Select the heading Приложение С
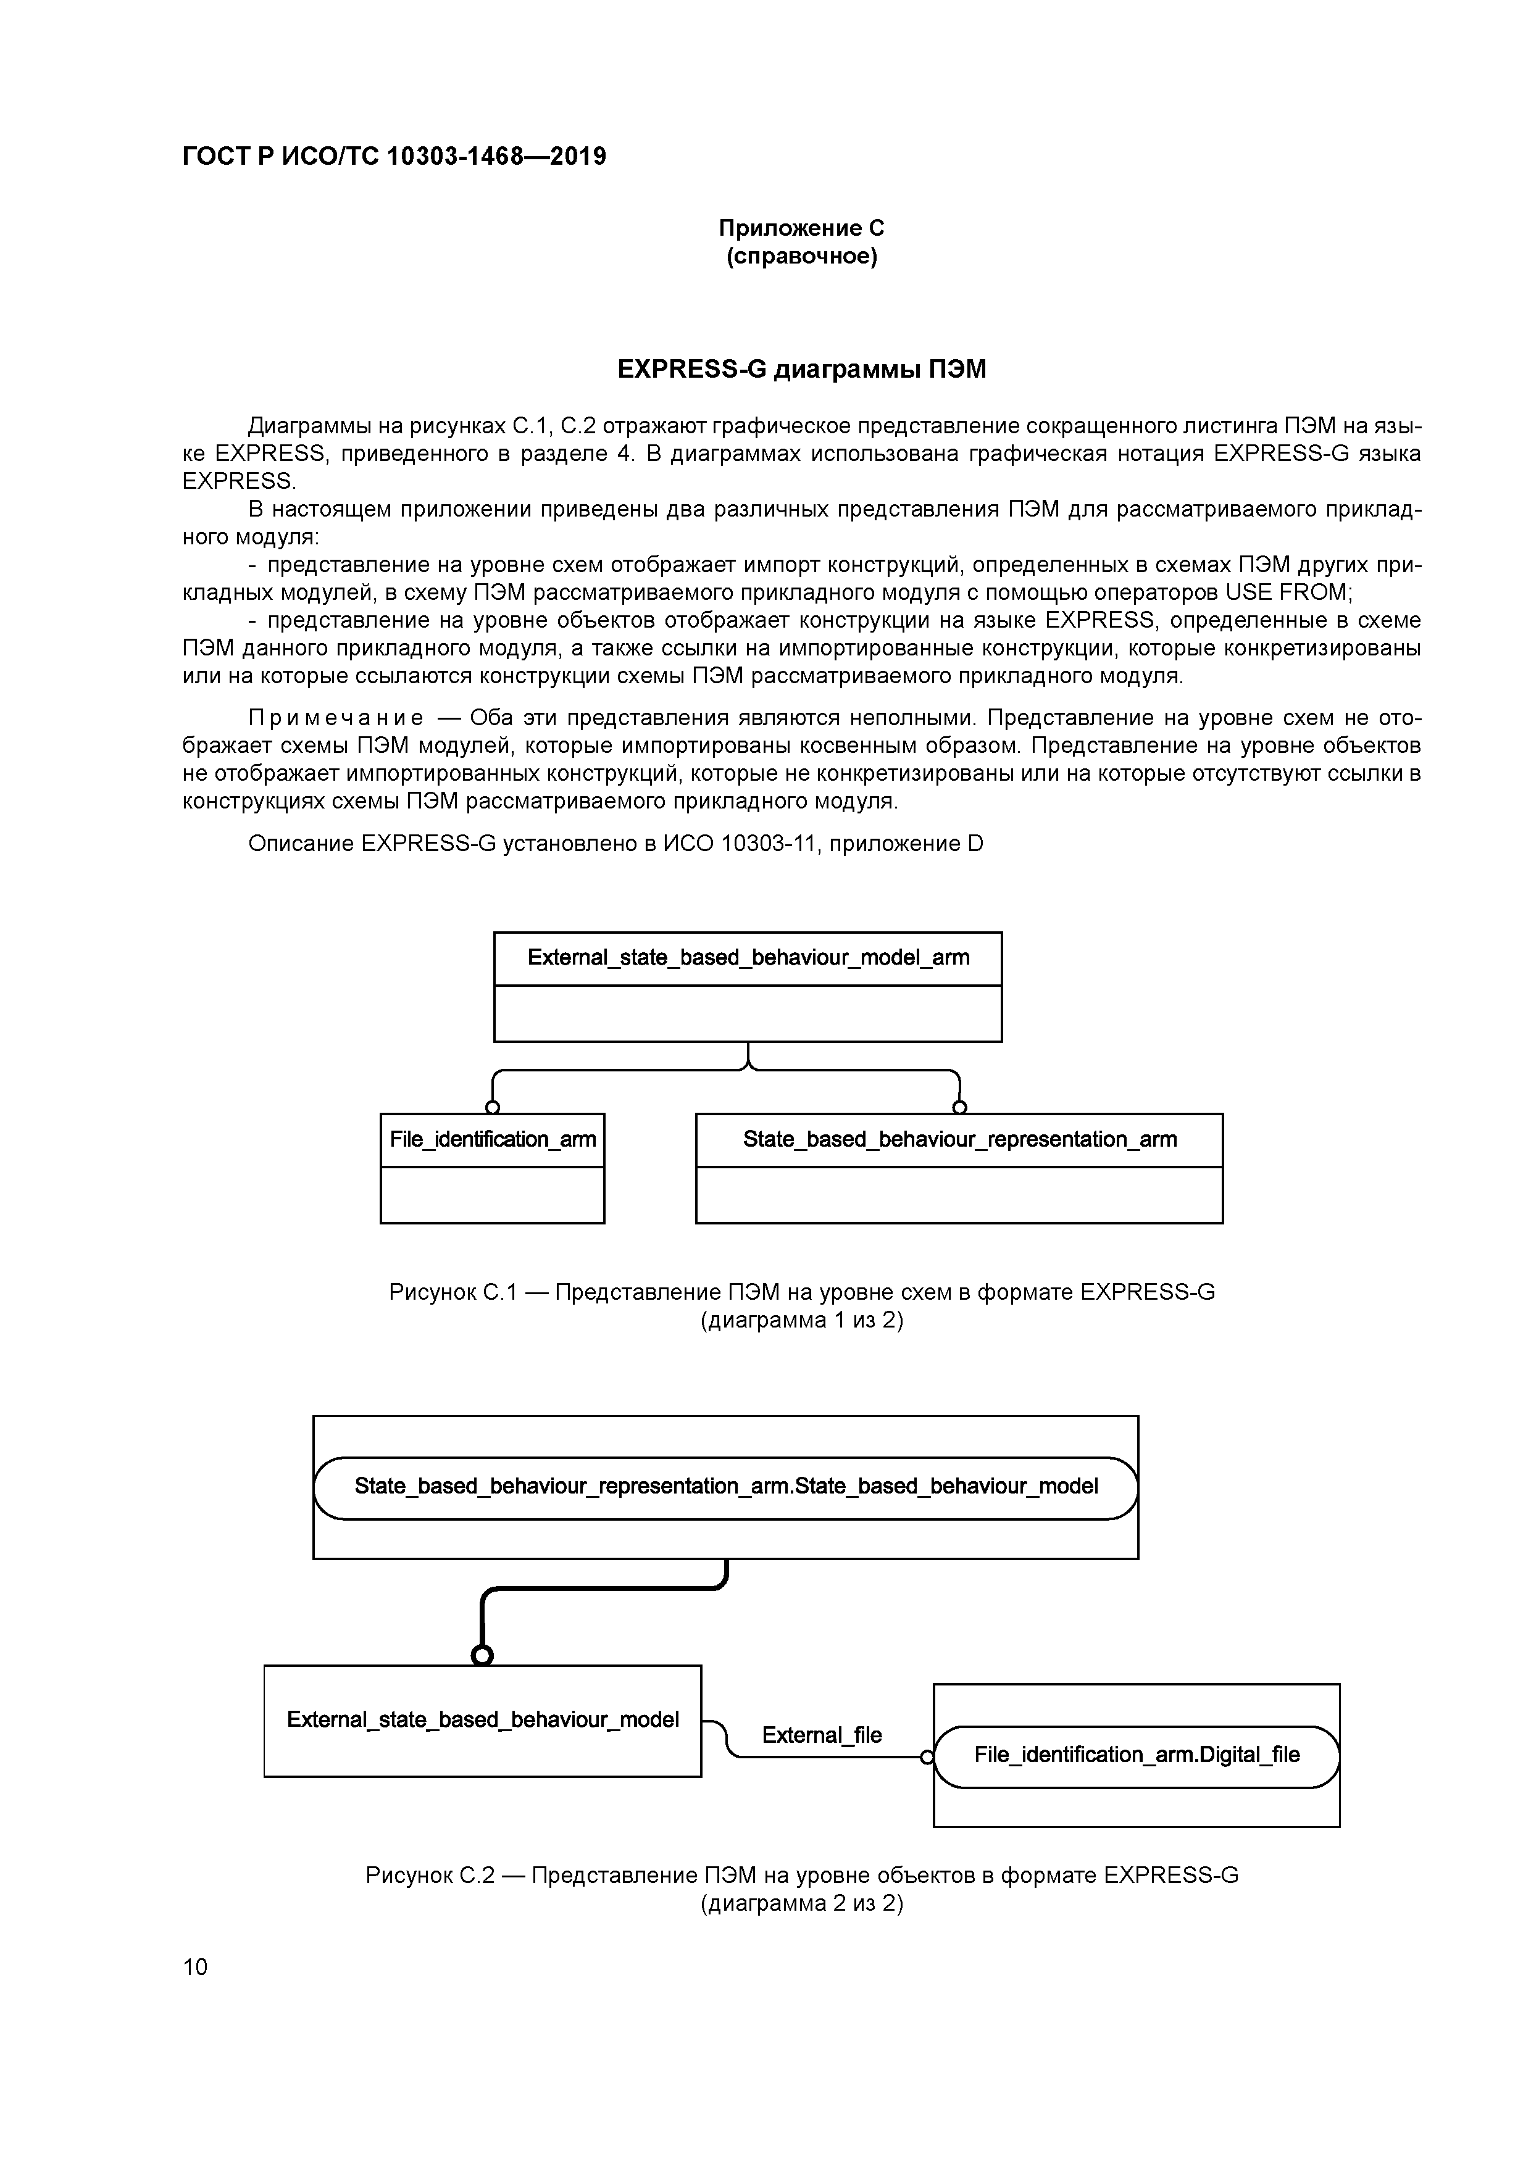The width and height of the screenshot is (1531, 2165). pyautogui.click(x=801, y=228)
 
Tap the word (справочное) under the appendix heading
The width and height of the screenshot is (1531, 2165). pyautogui.click(x=801, y=257)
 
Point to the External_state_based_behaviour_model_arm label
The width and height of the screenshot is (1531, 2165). pyautogui.click(x=748, y=958)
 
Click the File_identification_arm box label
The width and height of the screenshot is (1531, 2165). pyautogui.click(x=493, y=1139)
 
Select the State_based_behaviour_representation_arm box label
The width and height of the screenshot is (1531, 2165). pyautogui.click(x=959, y=1139)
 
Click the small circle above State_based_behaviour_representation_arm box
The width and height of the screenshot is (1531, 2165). pyautogui.click(x=959, y=1107)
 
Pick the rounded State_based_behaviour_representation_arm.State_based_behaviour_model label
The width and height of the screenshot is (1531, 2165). pyautogui.click(x=725, y=1487)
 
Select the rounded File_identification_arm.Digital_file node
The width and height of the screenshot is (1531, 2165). pyautogui.click(x=1137, y=1755)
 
